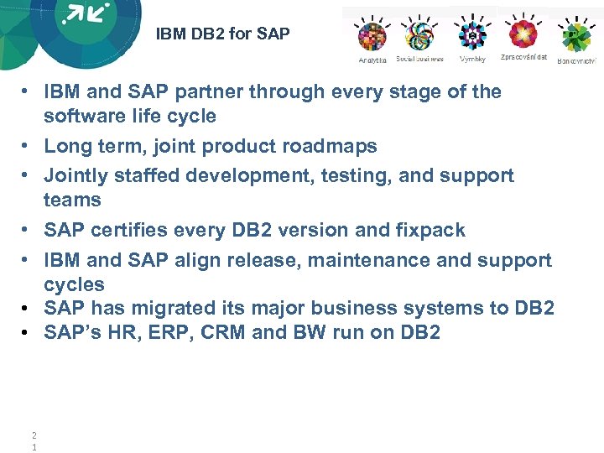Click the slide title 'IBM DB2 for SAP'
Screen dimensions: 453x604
tap(222, 34)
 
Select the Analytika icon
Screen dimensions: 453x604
tap(372, 36)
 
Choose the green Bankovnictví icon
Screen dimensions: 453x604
tap(576, 37)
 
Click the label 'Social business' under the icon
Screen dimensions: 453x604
tap(419, 60)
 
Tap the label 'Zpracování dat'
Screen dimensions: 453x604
tap(523, 57)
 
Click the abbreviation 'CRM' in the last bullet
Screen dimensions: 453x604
tap(222, 332)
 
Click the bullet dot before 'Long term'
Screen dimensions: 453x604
tap(28, 146)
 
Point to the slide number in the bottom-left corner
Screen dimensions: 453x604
tap(34, 440)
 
